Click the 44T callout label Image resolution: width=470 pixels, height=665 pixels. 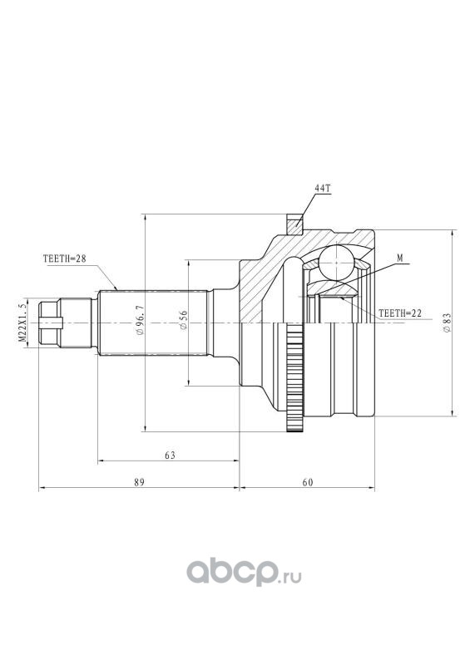322,189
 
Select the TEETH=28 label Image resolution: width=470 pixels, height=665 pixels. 65,259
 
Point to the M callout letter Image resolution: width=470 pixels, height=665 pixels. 400,258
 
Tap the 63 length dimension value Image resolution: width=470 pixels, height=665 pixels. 170,456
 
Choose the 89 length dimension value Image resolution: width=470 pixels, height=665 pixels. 140,482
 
